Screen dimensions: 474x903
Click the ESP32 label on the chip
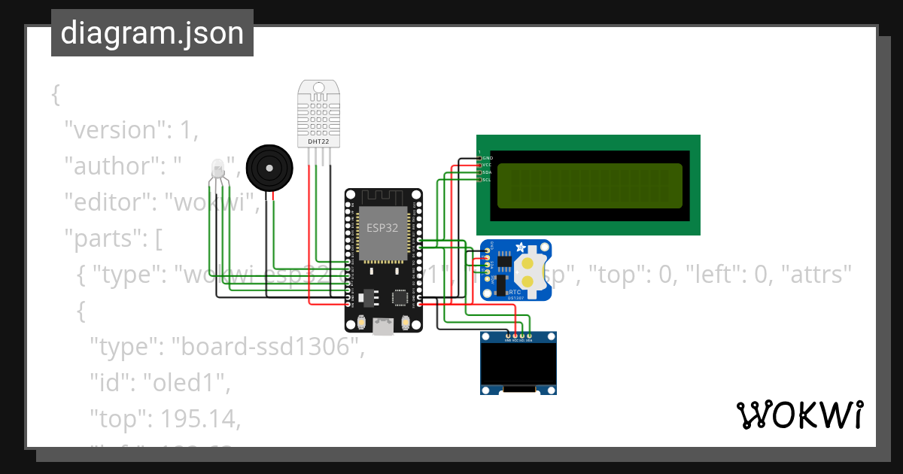click(382, 227)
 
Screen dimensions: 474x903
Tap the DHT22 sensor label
click(318, 141)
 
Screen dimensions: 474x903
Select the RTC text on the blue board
click(515, 291)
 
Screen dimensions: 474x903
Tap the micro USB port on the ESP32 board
click(384, 326)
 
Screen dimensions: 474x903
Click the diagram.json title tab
click(152, 33)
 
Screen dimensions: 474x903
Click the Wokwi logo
click(799, 415)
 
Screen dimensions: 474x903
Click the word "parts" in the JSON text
click(106, 239)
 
